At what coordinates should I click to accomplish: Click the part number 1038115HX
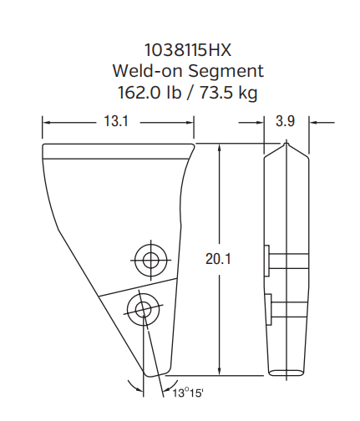pos(181,51)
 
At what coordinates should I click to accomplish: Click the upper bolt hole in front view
pos(150,260)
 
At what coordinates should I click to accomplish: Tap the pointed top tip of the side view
pos(286,145)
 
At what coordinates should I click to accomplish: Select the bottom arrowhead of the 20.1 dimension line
pos(219,372)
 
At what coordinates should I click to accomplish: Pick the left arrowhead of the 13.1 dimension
pos(46,122)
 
